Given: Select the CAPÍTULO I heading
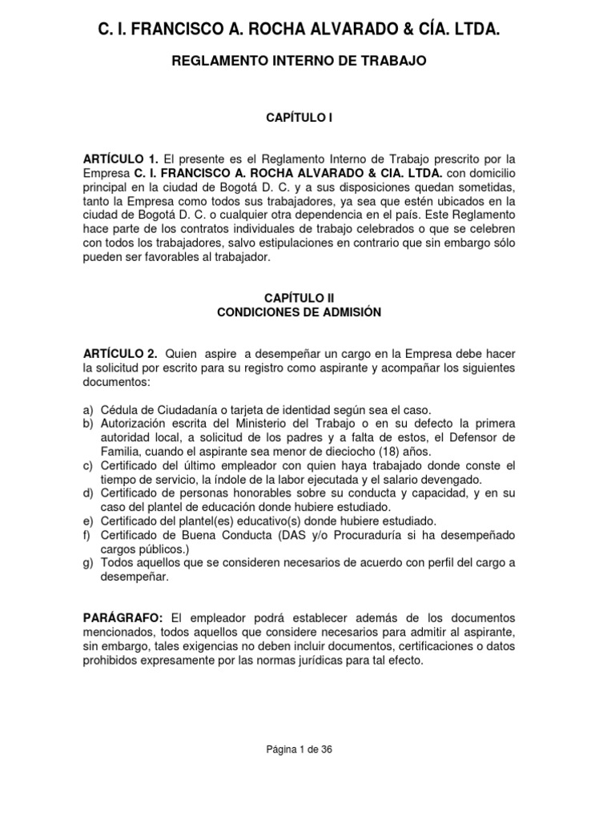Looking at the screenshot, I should (x=299, y=118).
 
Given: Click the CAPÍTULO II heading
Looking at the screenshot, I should (x=298, y=298).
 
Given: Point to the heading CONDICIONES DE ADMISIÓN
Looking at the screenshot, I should (x=299, y=312).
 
